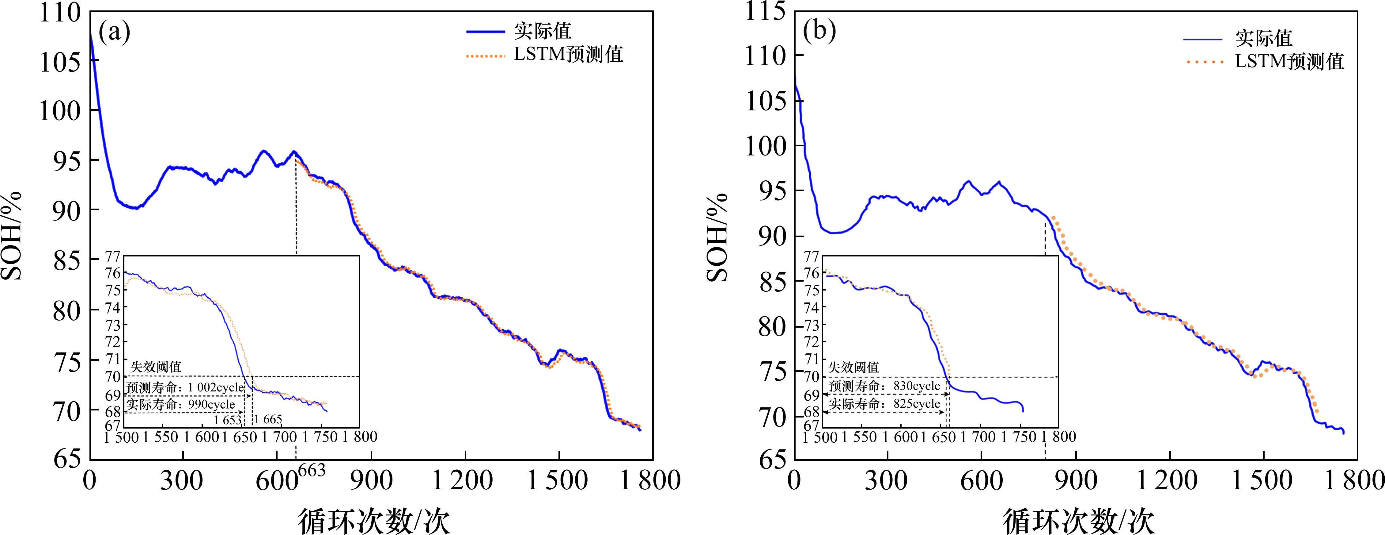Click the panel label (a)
114,33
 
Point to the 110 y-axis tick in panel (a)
60,13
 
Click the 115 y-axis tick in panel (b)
765,12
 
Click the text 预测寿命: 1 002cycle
185,387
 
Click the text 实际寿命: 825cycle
884,404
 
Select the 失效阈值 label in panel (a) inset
156,367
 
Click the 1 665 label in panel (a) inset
268,419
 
